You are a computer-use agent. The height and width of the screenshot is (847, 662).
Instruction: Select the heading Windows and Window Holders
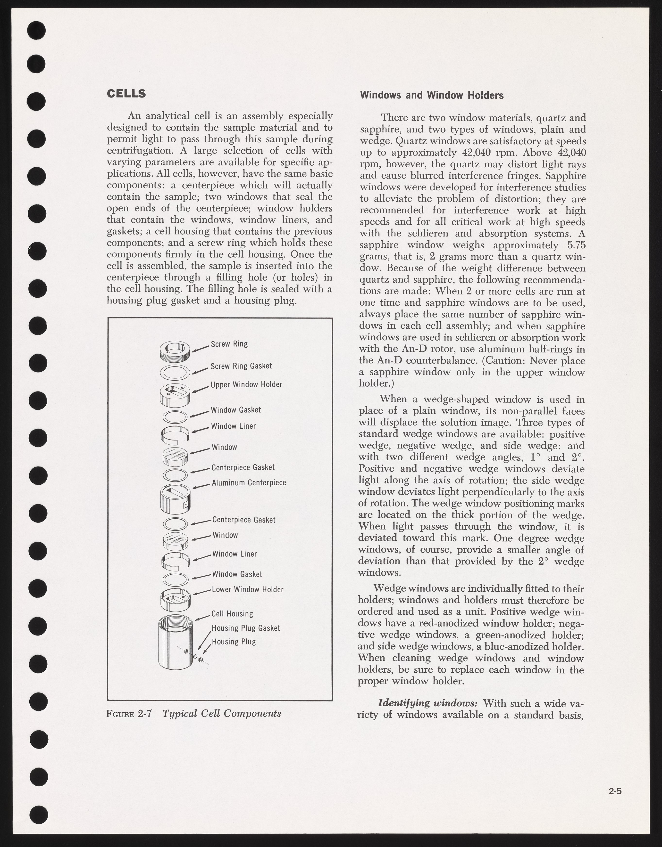click(x=432, y=95)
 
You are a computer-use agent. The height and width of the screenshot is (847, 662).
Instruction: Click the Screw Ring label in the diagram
click(x=229, y=344)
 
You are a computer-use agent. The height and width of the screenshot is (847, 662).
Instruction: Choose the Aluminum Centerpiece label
click(x=249, y=483)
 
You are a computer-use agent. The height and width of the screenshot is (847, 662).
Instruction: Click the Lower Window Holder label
click(x=248, y=589)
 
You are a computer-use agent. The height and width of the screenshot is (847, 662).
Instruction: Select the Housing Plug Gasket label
click(x=246, y=628)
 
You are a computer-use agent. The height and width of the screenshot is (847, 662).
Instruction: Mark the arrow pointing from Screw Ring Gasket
click(x=201, y=371)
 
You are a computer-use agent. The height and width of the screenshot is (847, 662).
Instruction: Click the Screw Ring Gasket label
click(x=241, y=366)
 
